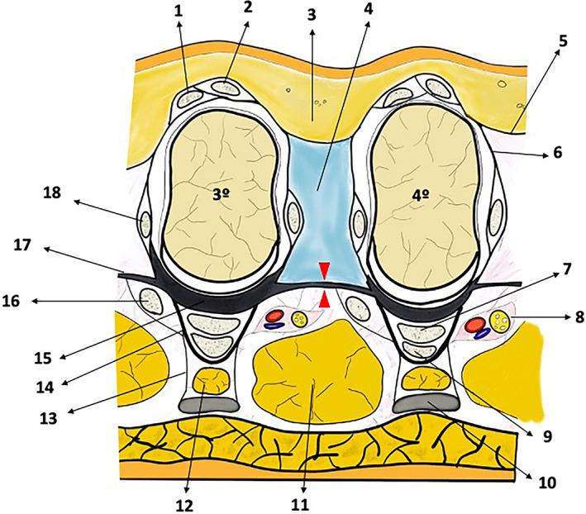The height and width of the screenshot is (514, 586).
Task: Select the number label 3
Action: pos(311,14)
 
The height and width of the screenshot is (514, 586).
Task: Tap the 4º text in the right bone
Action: pos(421,197)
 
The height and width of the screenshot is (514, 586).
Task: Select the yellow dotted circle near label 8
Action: pos(499,319)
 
